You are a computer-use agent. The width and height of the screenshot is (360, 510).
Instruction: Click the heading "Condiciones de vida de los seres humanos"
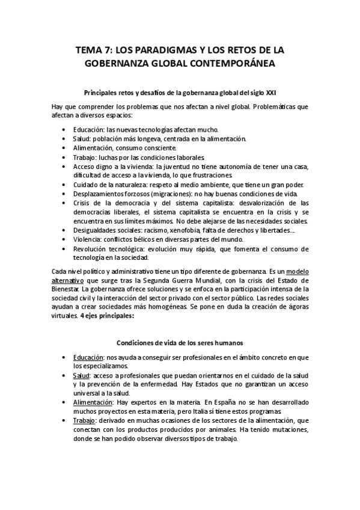[180, 342]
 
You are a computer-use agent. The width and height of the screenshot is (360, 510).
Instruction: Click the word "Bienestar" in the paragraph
[84, 289]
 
